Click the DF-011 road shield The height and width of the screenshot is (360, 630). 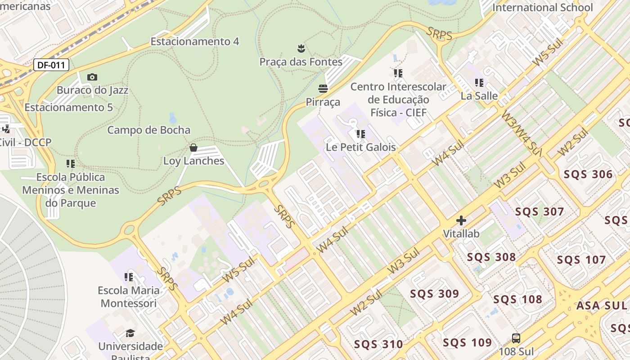[51, 65]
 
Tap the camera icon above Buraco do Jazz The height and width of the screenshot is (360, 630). [92, 77]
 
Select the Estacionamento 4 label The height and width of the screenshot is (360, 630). [195, 41]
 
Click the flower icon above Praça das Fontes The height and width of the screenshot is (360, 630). [301, 48]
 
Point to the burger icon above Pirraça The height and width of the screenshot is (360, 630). [323, 88]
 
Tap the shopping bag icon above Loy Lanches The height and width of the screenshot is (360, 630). [193, 148]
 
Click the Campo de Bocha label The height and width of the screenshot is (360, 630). [148, 130]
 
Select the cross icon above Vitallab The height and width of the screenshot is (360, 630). [461, 220]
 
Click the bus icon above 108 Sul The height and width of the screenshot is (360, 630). [516, 338]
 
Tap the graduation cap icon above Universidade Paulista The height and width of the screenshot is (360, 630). [130, 333]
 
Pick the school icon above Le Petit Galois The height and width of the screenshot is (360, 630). [361, 134]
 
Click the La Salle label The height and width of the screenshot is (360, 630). [479, 96]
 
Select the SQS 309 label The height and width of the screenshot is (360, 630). [434, 294]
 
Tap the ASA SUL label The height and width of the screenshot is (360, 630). [602, 306]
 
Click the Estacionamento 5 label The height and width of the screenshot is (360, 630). [68, 108]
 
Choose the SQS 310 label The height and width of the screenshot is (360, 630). [378, 345]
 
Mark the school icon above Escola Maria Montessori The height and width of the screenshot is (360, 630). [129, 277]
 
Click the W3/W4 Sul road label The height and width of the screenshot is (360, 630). [521, 131]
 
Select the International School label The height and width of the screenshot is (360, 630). [542, 8]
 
